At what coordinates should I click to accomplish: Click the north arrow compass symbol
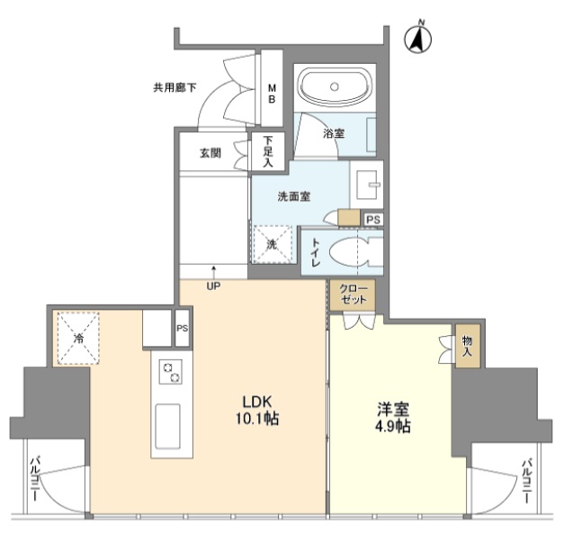[x=418, y=39]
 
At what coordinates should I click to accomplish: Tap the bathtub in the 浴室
[x=335, y=86]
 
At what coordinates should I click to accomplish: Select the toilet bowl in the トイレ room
[x=351, y=252]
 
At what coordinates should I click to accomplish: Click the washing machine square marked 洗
[x=273, y=244]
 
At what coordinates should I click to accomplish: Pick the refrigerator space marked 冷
[x=78, y=338]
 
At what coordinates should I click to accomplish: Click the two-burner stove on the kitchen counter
[x=171, y=372]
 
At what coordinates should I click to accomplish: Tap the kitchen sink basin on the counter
[x=167, y=426]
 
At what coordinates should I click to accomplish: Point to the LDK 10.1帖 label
[x=257, y=410]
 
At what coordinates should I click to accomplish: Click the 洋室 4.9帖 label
[x=393, y=417]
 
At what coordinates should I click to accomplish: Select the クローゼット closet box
[x=353, y=295]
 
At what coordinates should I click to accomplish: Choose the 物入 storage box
[x=468, y=346]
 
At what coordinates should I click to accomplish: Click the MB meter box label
[x=272, y=93]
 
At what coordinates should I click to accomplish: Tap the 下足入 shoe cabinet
[x=268, y=151]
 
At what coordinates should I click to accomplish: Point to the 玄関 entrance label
[x=210, y=153]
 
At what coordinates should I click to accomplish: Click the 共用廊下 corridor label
[x=175, y=87]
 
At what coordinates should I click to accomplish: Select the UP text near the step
[x=213, y=286]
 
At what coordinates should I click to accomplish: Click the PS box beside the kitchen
[x=183, y=328]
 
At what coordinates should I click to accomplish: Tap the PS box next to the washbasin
[x=373, y=220]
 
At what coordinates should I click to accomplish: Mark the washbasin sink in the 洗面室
[x=367, y=185]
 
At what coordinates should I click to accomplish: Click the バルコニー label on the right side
[x=527, y=481]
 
